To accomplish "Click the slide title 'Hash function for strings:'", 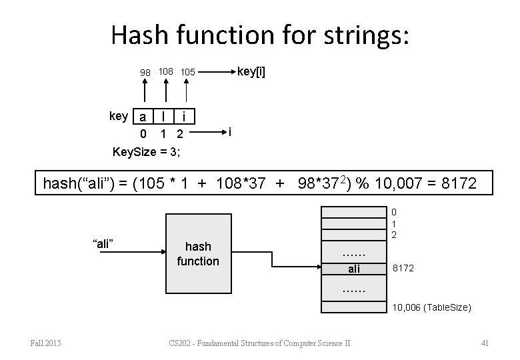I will [260, 35].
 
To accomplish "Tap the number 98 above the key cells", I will [145, 71].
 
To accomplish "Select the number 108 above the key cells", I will [166, 70].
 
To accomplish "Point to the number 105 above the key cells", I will [187, 71].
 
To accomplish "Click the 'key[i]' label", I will [251, 71].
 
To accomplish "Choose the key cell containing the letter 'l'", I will [164, 117].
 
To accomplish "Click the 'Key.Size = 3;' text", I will [146, 151].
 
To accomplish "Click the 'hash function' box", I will [197, 254].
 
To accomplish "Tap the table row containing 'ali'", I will [354, 269].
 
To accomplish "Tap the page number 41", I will [485, 343].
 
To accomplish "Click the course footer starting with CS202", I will [261, 343].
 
